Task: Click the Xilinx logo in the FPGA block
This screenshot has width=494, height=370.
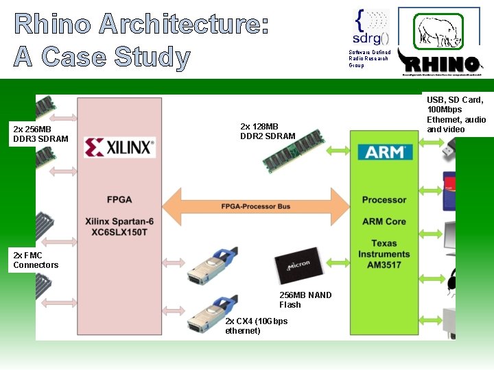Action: [x=119, y=148]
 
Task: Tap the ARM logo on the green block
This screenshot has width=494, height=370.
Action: [x=384, y=151]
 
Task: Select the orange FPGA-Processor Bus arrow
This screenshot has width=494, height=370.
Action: [x=255, y=206]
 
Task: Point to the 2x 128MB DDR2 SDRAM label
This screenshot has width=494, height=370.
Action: [x=268, y=131]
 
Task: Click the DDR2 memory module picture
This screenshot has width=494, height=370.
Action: [x=294, y=151]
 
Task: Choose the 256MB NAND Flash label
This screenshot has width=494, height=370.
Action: [x=305, y=299]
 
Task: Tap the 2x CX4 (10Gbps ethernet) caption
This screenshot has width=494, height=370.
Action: [x=256, y=326]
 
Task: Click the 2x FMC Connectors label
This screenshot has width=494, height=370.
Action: [x=36, y=260]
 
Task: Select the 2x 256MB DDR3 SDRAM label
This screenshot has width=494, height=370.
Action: [x=40, y=134]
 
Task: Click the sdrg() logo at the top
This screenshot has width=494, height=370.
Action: [x=370, y=28]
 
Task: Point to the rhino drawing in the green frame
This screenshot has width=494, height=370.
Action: [x=438, y=32]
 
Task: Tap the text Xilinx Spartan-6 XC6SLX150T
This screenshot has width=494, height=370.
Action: [x=119, y=227]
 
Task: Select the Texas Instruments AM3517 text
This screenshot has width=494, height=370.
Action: [x=384, y=254]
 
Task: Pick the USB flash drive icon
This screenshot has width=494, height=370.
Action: [x=450, y=147]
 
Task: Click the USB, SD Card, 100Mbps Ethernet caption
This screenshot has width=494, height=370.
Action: [x=456, y=114]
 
